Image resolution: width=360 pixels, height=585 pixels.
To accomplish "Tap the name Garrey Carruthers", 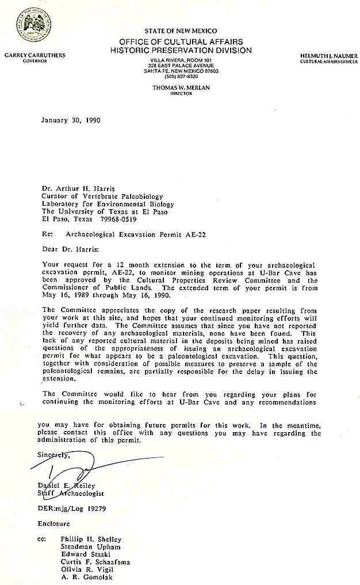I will click(35, 55).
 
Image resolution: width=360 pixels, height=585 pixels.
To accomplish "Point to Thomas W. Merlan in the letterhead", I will click(181, 87).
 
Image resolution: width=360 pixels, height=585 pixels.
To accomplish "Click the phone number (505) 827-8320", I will click(181, 76).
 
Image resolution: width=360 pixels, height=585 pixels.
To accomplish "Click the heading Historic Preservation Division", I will click(181, 51).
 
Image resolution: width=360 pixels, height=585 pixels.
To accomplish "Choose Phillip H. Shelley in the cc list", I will click(91, 539).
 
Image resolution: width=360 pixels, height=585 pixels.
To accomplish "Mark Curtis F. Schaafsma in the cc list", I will click(95, 561).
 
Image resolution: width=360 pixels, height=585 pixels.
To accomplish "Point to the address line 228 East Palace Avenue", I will click(181, 66).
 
